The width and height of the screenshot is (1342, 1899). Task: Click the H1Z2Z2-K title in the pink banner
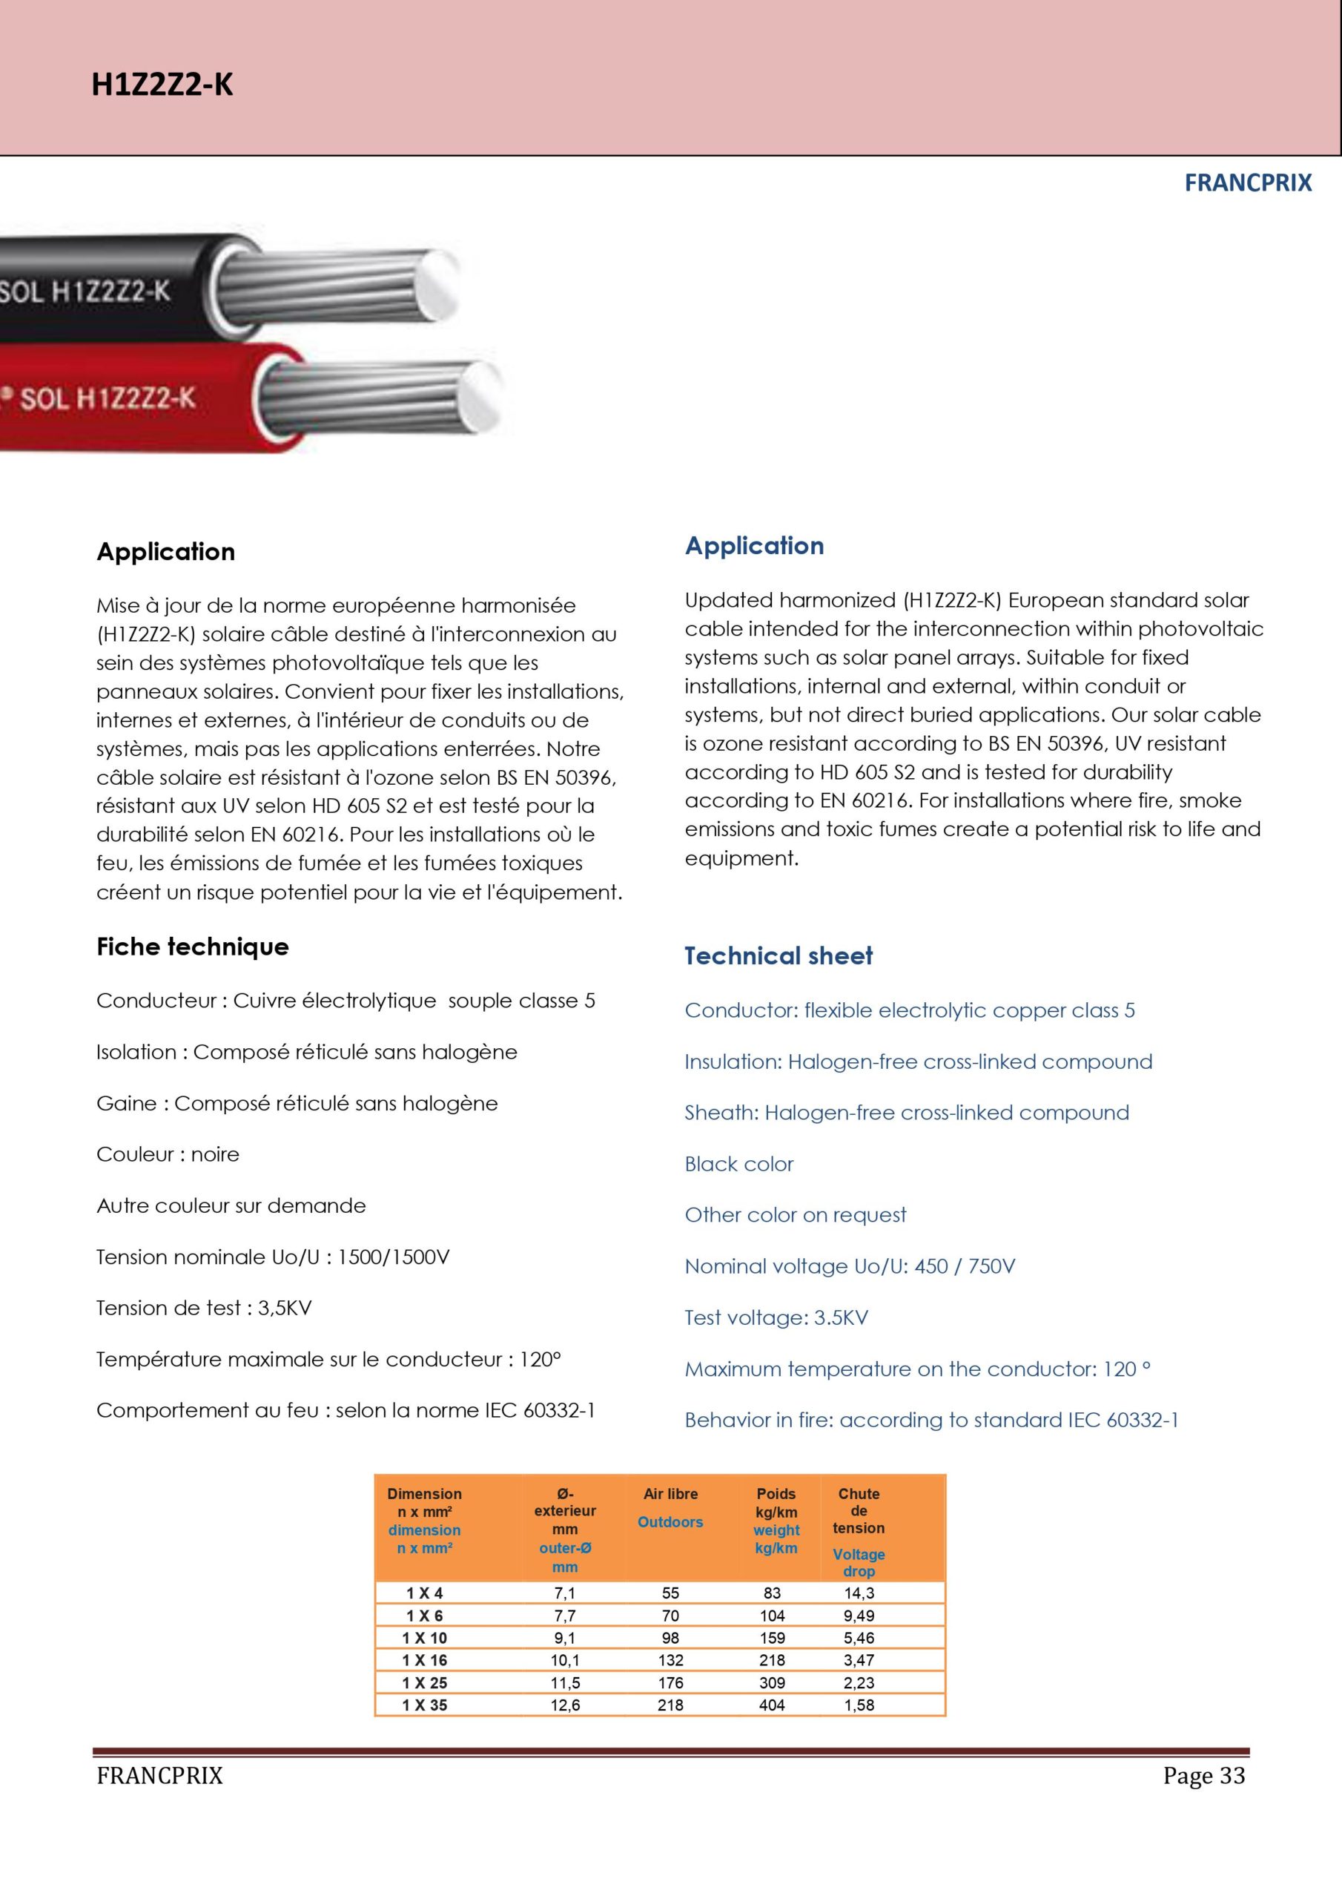(x=162, y=85)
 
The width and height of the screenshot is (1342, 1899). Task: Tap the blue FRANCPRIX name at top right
(x=1247, y=182)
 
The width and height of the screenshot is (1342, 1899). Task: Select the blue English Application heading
(x=754, y=546)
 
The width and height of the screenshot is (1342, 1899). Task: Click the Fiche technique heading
(x=193, y=947)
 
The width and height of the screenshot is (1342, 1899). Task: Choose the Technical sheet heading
(x=778, y=956)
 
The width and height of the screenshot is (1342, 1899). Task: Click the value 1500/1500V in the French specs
(x=394, y=1257)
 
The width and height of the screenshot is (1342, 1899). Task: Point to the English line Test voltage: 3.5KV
(x=776, y=1317)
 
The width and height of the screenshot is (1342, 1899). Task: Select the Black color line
(x=738, y=1164)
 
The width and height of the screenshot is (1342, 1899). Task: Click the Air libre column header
(x=670, y=1494)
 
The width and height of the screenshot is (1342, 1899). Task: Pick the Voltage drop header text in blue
(x=859, y=1562)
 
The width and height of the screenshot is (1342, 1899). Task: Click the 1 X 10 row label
(x=424, y=1638)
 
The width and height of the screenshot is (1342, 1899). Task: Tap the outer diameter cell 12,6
(x=565, y=1705)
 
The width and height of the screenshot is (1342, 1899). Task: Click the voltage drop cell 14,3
(x=859, y=1593)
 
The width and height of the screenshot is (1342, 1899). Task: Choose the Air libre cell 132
(x=670, y=1660)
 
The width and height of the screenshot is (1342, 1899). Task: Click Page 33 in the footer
(x=1203, y=1776)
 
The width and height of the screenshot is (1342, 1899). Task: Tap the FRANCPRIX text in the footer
(x=159, y=1776)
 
